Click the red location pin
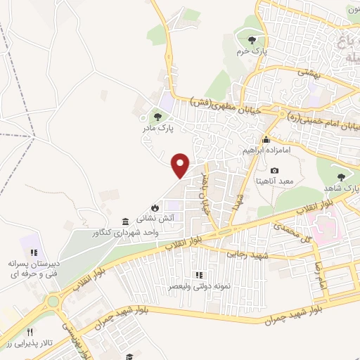click(x=181, y=165)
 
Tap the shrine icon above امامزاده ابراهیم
click(x=266, y=139)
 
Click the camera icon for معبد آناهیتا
click(x=274, y=171)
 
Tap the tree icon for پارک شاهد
click(x=342, y=176)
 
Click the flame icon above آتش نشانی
click(x=154, y=207)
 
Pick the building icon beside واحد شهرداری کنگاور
click(x=125, y=219)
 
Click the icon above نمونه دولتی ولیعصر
click(x=198, y=275)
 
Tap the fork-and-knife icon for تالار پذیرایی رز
click(x=29, y=332)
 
